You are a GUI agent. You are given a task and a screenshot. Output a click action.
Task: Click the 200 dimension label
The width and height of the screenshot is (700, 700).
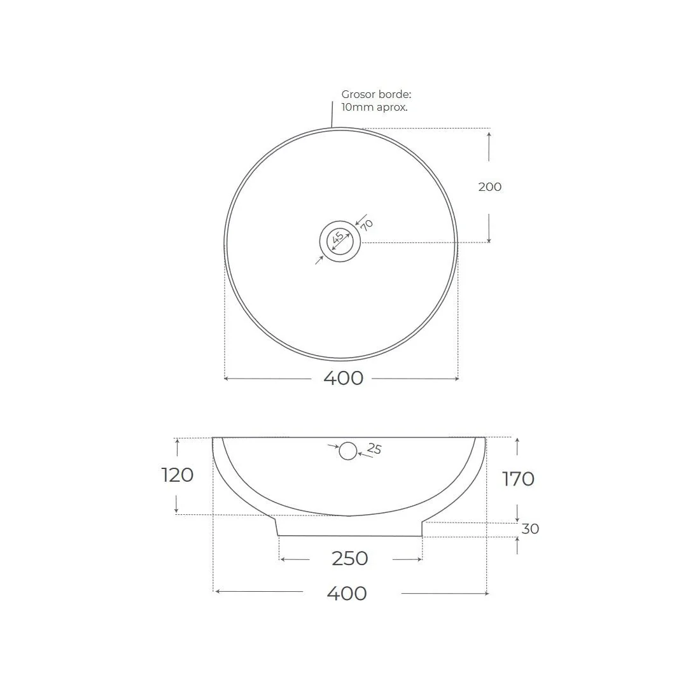tap(490, 186)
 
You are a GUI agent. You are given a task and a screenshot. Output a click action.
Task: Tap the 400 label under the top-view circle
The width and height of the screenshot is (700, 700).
tap(343, 378)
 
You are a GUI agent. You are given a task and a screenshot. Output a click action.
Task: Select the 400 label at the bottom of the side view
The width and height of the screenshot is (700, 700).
tap(347, 593)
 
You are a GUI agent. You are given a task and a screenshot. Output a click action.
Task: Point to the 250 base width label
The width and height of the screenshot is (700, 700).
tap(349, 559)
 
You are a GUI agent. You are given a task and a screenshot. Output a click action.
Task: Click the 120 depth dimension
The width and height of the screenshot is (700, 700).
tap(178, 475)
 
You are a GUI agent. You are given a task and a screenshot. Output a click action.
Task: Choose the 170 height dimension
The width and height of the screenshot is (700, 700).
tap(518, 479)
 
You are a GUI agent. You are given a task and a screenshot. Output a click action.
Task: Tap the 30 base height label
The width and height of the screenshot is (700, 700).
tap(530, 529)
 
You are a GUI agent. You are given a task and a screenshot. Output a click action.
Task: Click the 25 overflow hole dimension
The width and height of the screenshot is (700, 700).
tap(374, 448)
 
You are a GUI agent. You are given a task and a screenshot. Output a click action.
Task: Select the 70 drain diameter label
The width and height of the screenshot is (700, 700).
tap(367, 225)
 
